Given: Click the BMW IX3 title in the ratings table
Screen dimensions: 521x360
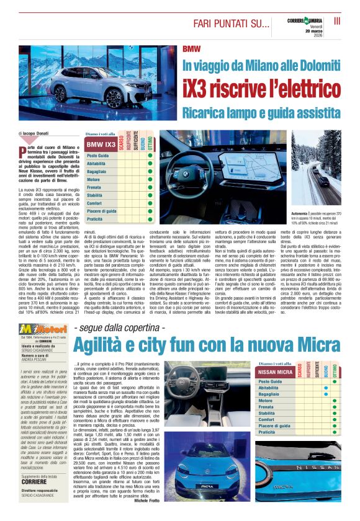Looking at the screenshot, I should coord(101,144).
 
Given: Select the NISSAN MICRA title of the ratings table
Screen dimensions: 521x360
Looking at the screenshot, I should coord(276,372).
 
